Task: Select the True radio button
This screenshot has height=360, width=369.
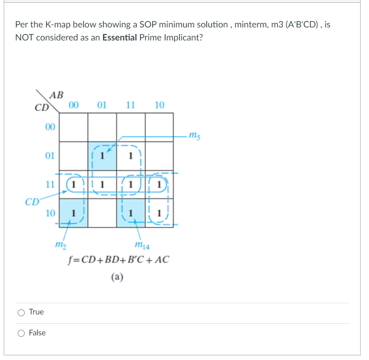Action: [x=21, y=312]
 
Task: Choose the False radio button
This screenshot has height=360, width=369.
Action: [x=21, y=333]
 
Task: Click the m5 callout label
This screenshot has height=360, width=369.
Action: [x=194, y=136]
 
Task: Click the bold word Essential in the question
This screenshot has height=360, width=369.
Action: [x=119, y=38]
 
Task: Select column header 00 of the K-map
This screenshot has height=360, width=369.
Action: [x=73, y=105]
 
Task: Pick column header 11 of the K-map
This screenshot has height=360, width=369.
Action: [x=131, y=105]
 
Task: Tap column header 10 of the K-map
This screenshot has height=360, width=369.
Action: [x=159, y=105]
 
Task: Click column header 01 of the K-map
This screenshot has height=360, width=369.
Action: [x=102, y=105]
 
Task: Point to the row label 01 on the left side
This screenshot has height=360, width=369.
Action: [x=50, y=155]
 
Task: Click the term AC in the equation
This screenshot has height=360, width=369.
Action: [x=163, y=259]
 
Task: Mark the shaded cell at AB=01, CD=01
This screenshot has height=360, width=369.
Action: [x=102, y=155]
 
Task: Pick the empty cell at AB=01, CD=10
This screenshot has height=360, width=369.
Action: [x=102, y=213]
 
